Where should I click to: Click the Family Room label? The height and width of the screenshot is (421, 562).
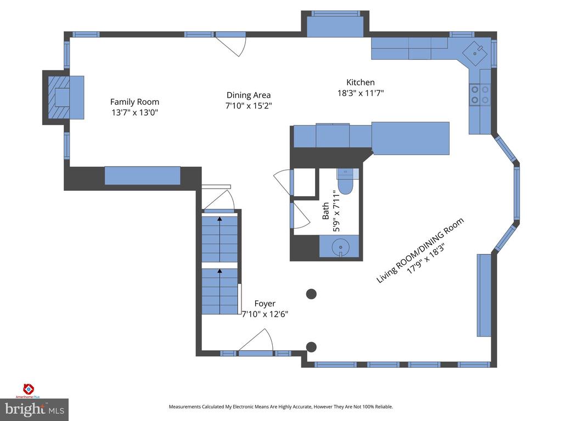coord(134,102)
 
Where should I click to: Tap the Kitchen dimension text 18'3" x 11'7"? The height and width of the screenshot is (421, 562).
coord(361,93)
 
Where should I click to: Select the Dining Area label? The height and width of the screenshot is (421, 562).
coord(249,95)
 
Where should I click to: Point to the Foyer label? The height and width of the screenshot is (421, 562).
coord(265,304)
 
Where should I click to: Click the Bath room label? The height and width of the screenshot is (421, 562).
coord(325,211)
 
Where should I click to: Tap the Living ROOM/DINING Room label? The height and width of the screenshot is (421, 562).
coord(420,250)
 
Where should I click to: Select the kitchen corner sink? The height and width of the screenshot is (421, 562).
coord(475,53)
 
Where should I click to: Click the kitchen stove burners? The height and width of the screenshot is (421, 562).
coord(480,94)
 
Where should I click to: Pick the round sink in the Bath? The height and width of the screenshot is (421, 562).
coord(340,247)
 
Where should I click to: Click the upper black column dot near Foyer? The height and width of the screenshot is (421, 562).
coord(312,294)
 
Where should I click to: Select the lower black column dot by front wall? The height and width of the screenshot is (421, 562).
coord(311,346)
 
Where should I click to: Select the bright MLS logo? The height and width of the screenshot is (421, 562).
coord(35,409)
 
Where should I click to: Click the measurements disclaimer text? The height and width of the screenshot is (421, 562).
coord(281,407)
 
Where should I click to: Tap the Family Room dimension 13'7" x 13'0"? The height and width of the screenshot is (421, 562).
coord(135,112)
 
